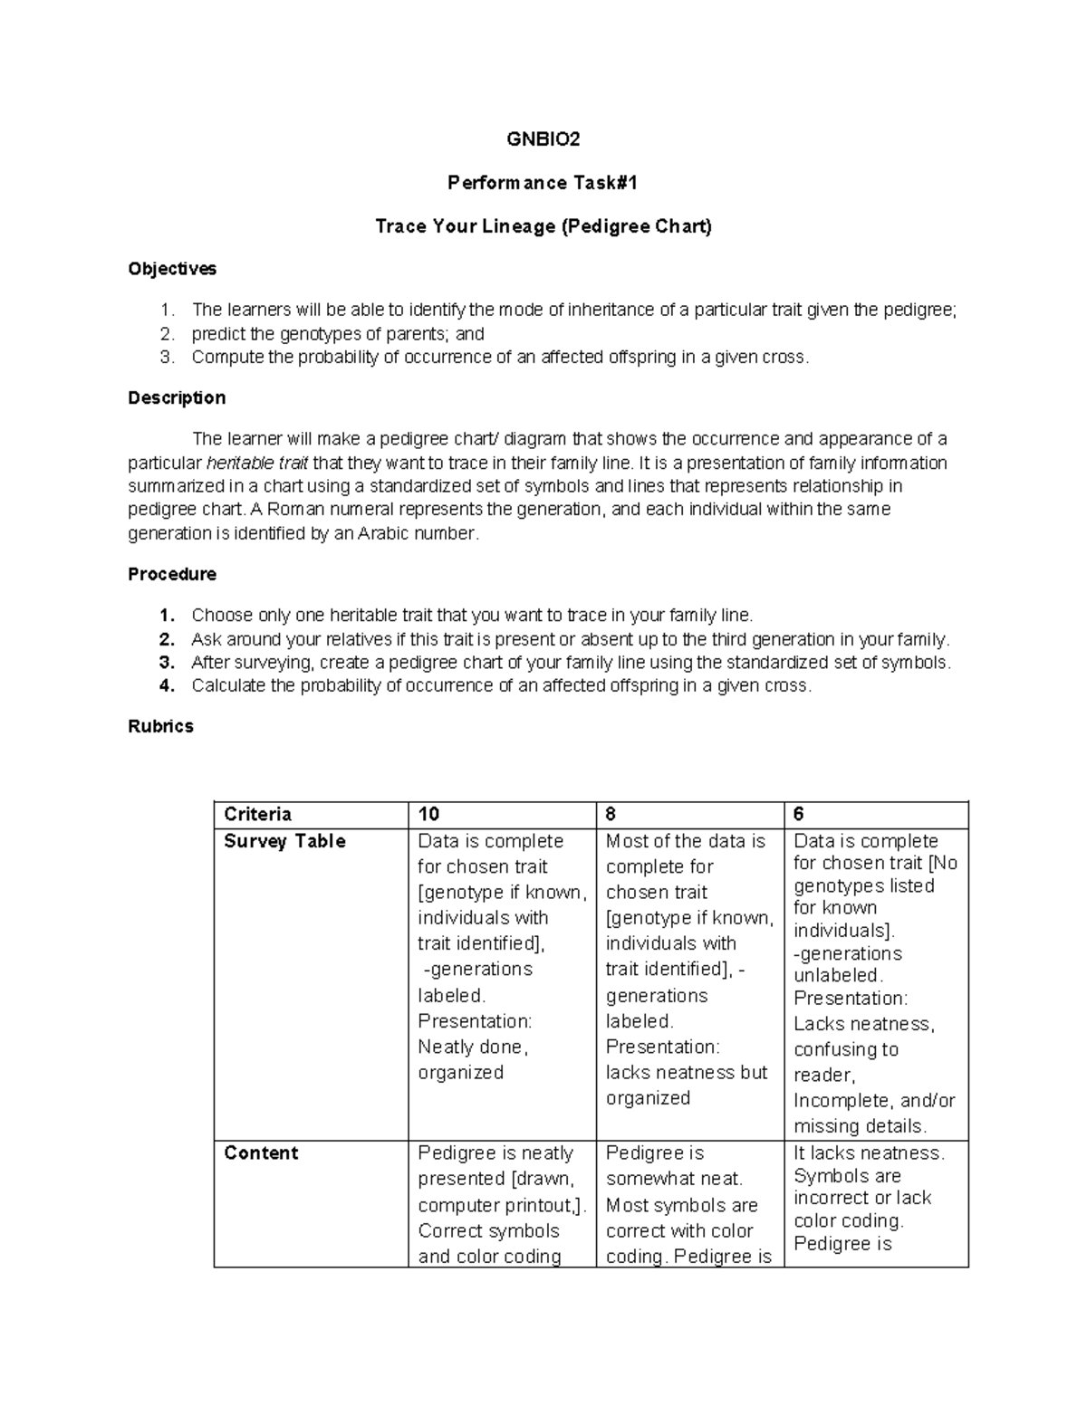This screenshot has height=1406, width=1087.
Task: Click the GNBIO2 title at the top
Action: (x=543, y=139)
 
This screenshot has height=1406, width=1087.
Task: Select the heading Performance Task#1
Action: (x=543, y=183)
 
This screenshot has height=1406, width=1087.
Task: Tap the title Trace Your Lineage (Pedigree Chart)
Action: (x=543, y=226)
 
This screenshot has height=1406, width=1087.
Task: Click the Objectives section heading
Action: (x=172, y=269)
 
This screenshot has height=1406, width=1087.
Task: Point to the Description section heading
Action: (x=177, y=398)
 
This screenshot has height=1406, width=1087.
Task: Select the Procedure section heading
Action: (x=172, y=574)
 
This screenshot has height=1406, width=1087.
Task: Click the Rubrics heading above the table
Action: (x=160, y=726)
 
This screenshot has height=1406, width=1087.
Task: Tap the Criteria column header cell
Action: (x=257, y=814)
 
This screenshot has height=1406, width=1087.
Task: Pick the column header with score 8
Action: (x=611, y=814)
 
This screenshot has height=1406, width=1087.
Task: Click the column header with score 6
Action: (x=799, y=814)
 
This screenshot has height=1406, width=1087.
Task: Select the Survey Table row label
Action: (x=284, y=841)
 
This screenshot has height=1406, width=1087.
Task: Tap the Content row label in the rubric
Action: (x=261, y=1153)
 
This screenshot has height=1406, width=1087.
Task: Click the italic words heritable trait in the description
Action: (x=257, y=464)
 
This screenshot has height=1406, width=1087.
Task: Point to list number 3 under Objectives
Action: (x=166, y=357)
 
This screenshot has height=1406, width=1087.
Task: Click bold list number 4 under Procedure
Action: (x=166, y=685)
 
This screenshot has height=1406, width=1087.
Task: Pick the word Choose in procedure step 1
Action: (x=221, y=615)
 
